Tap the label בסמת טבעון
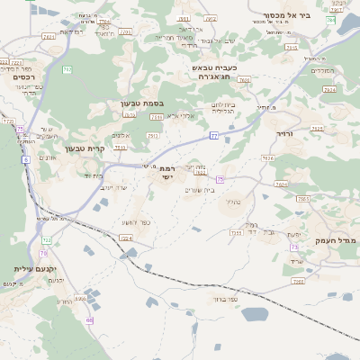tap(142, 103)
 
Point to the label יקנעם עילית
tap(36, 269)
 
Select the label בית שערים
tap(199, 189)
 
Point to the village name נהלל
tap(232, 202)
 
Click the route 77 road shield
tap(213, 135)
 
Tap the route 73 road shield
tap(293, 247)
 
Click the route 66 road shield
tap(89, 319)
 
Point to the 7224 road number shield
tap(127, 238)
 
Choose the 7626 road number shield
tap(267, 157)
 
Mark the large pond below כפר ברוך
tap(255, 314)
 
